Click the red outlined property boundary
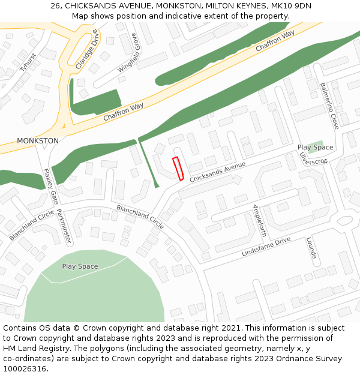178,169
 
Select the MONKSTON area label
38,141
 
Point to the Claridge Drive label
86,48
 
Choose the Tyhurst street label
28,62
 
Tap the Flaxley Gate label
50,185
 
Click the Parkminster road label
64,226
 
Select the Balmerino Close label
329,106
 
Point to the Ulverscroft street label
313,157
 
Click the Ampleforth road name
259,220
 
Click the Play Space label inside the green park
80,266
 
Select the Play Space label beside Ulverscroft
315,148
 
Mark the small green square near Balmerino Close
315,146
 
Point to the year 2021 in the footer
229,328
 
